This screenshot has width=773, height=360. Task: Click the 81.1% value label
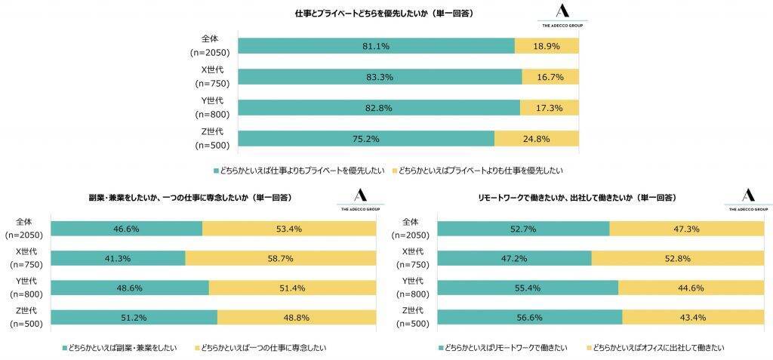pos(375,46)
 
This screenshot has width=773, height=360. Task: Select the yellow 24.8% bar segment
pos(537,139)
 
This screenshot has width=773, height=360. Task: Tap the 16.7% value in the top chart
pos(550,77)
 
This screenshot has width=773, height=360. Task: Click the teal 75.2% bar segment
pos(366,139)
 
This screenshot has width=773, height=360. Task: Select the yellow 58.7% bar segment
pos(281,259)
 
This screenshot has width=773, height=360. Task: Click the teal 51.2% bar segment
pos(134,318)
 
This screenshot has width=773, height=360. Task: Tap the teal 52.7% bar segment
pos(523,229)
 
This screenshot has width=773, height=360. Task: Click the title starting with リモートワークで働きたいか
pos(577,198)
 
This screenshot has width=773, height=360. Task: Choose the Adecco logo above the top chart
pos(562,16)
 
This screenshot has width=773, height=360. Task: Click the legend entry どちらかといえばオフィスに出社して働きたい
pos(657,348)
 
